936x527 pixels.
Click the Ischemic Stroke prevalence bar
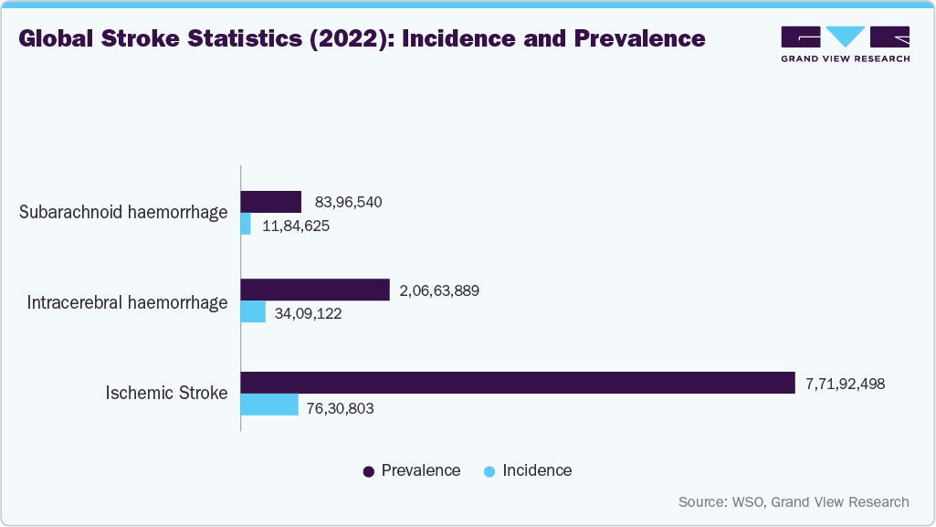pos(517,383)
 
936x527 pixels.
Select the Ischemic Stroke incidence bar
pos(269,405)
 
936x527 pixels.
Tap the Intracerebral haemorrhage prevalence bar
pos(315,290)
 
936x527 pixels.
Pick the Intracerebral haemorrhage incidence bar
pos(253,312)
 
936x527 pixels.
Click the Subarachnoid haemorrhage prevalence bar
pos(270,202)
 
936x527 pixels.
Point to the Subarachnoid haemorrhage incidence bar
pos(246,224)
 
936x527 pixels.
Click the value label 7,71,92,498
pos(845,384)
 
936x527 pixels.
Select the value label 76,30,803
pos(341,408)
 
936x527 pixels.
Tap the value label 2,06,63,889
pos(439,291)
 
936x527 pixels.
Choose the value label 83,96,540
pos(348,202)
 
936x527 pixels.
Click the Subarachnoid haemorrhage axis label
pos(123,213)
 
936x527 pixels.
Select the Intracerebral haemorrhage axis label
pos(127,302)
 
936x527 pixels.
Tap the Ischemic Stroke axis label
pos(166,394)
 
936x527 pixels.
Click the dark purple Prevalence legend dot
pos(369,471)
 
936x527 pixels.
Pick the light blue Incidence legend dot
pos(489,471)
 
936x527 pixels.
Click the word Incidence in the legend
pos(537,471)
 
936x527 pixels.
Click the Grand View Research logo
pos(845,43)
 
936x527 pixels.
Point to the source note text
pos(794,501)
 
